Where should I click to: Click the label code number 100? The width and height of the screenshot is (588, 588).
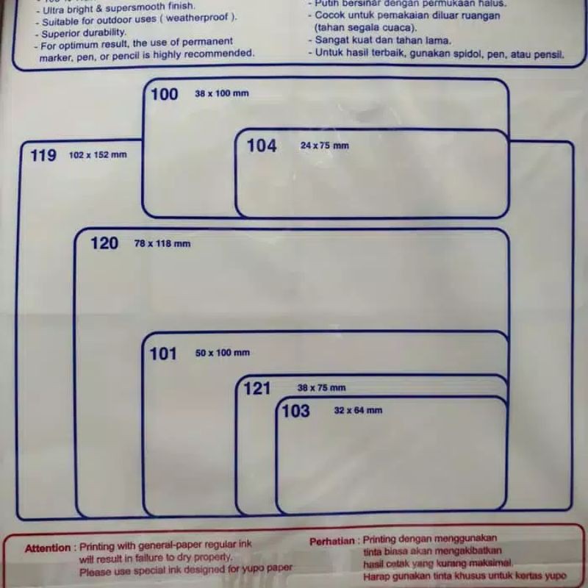pyautogui.click(x=165, y=94)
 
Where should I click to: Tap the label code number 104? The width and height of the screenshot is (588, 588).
pyautogui.click(x=262, y=146)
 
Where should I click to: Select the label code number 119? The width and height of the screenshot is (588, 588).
pyautogui.click(x=43, y=155)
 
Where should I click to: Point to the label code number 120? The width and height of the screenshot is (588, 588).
pyautogui.click(x=104, y=243)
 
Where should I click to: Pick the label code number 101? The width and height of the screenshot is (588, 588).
pyautogui.click(x=163, y=354)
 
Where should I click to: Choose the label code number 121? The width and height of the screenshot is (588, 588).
pyautogui.click(x=257, y=388)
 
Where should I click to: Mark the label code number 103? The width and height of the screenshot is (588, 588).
pyautogui.click(x=296, y=411)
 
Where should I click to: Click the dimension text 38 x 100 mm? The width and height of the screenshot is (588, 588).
pyautogui.click(x=222, y=94)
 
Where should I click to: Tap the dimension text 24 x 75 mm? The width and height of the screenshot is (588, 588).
pyautogui.click(x=325, y=146)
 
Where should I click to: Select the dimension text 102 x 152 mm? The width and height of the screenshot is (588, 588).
pyautogui.click(x=98, y=155)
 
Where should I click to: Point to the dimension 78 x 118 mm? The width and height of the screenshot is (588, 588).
pyautogui.click(x=162, y=243)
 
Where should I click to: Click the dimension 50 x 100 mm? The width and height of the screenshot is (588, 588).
pyautogui.click(x=223, y=354)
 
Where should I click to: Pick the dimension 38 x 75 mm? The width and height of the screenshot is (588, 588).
pyautogui.click(x=321, y=388)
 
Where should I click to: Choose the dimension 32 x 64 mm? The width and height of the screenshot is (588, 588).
pyautogui.click(x=358, y=410)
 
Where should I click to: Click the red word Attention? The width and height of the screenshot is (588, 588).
pyautogui.click(x=48, y=548)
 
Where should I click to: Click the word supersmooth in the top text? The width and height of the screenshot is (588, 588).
pyautogui.click(x=135, y=7)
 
